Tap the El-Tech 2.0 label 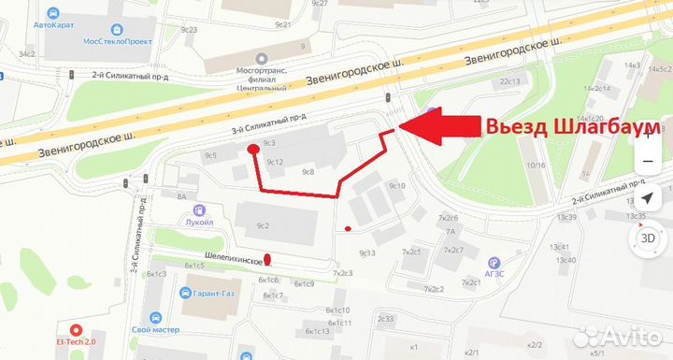[77, 342]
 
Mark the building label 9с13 [366, 252]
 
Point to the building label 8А [180, 196]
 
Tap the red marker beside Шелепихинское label [267, 260]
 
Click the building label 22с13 [508, 81]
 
